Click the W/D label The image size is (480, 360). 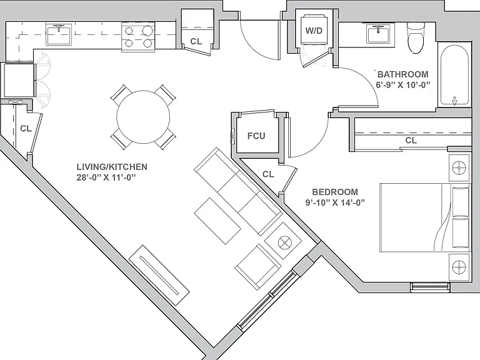tap(314, 31)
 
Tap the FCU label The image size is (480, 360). tap(256, 136)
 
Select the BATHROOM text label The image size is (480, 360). tap(403, 74)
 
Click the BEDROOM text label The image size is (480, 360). tap(335, 192)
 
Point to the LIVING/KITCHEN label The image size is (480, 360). tap(112, 167)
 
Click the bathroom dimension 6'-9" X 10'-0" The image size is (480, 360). tap(403, 85)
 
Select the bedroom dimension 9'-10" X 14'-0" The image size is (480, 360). tap(335, 202)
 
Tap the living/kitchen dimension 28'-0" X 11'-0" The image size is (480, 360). tap(106, 177)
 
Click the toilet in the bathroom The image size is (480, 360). tap(416, 38)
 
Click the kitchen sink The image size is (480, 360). tap(59, 34)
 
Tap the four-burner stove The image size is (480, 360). tap(138, 37)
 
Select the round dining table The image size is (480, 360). tap(143, 117)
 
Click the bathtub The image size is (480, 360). tap(454, 75)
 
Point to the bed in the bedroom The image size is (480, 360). tap(424, 217)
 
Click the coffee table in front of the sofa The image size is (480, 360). tap(217, 221)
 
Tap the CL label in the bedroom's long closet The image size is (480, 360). tap(411, 140)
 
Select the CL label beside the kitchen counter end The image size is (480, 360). tap(196, 41)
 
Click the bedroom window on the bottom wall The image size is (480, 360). tap(430, 286)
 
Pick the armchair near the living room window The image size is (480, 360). tap(257, 266)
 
